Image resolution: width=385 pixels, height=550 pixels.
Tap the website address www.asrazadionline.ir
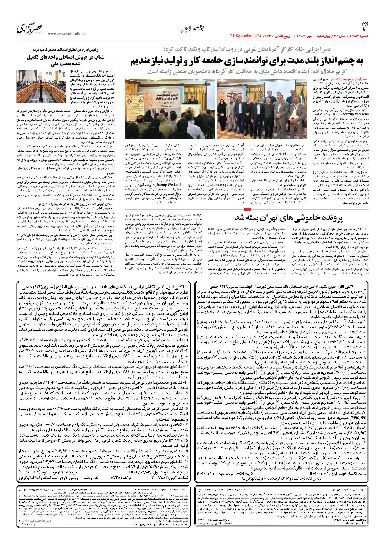(67, 34)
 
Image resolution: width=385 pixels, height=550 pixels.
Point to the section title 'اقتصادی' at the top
(192, 29)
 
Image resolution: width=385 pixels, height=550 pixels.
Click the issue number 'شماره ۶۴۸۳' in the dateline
(360, 36)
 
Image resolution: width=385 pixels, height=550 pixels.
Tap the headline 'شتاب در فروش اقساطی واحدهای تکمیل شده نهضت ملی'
(65, 61)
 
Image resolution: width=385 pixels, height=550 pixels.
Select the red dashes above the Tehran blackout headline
(247, 209)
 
